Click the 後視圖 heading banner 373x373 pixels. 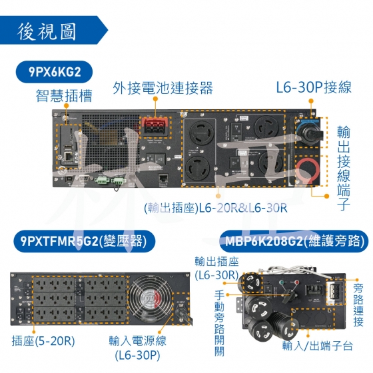pos(53,30)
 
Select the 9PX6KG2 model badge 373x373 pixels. pos(54,72)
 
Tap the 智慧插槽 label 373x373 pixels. pos(64,96)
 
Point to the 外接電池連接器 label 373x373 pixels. pos(163,88)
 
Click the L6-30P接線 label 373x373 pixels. pos(314,87)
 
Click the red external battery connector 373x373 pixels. pos(155,126)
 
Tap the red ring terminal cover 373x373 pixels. pos(308,171)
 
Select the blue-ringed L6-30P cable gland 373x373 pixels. pos(308,133)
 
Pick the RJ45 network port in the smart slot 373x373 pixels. pos(69,157)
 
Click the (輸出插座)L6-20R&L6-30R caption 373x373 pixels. pos(216,208)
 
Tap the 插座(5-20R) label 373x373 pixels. pos(43,341)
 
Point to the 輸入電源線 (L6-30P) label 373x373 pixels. pos(137,348)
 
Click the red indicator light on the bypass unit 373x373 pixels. pos(296,282)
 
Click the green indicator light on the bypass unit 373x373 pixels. pos(282,282)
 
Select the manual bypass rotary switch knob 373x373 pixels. pos(290,295)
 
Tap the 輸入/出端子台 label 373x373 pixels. pos(317,346)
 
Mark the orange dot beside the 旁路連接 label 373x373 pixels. pos(357,280)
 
